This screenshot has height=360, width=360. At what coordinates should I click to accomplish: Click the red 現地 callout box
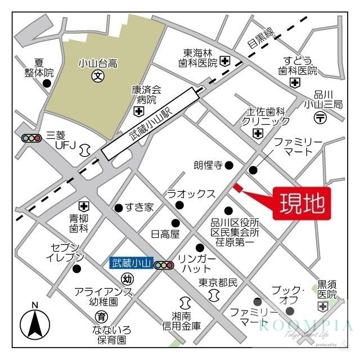[301, 204]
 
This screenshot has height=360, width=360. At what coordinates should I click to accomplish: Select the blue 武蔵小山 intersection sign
[131, 263]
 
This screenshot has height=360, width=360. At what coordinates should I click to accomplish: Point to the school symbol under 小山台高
[97, 75]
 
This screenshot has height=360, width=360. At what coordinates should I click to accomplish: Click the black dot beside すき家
[118, 208]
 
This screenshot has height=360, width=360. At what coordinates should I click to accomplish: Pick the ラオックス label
[191, 193]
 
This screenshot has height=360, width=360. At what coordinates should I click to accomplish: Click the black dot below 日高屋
[175, 222]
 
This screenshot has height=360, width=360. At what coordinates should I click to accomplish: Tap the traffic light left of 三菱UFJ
[31, 138]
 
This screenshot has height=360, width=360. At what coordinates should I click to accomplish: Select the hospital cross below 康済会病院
[138, 112]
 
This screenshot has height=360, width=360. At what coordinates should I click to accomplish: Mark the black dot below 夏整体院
[47, 84]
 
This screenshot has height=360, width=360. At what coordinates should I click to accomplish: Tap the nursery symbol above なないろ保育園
[101, 316]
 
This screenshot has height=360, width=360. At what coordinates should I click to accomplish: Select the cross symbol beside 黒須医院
[322, 307]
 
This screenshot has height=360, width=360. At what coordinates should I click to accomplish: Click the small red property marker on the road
[237, 188]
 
